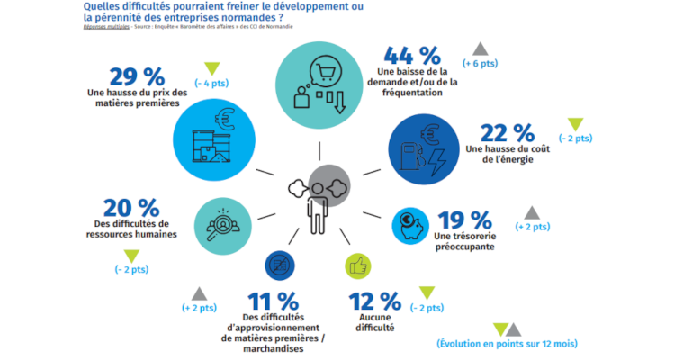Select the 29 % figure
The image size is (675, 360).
(134, 76)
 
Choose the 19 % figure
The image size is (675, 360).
(464, 219)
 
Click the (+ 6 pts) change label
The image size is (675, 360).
(481, 65)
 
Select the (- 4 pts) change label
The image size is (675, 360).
(212, 84)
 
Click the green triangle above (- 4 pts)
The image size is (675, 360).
(212, 67)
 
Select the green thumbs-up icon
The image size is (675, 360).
(359, 265)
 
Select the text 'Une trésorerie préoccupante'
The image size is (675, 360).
(464, 241)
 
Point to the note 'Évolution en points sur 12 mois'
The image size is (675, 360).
(507, 345)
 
